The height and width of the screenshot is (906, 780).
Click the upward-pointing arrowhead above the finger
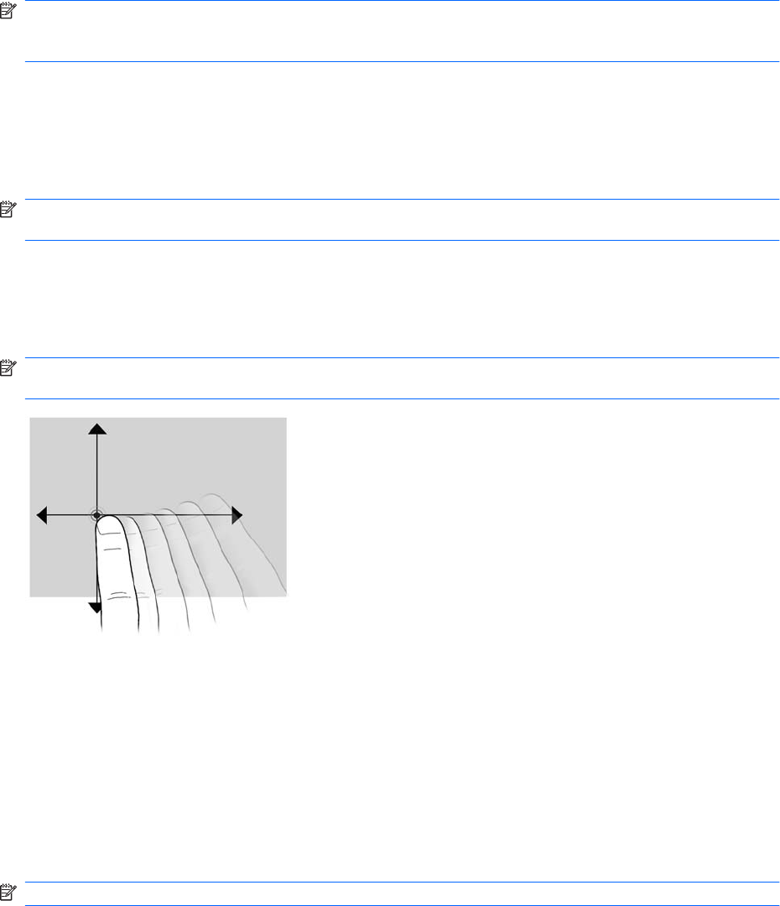point(97,429)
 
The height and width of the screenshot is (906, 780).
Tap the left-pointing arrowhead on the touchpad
point(41,515)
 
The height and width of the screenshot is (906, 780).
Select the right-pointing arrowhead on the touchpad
point(237,515)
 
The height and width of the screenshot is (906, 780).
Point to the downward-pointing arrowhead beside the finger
point(93,607)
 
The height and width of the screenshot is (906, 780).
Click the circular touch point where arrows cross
point(97,515)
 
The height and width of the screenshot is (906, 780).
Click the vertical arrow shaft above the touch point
point(97,470)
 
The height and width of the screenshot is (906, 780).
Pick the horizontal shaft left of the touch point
point(67,515)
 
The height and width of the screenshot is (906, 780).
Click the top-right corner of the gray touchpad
point(285,419)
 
